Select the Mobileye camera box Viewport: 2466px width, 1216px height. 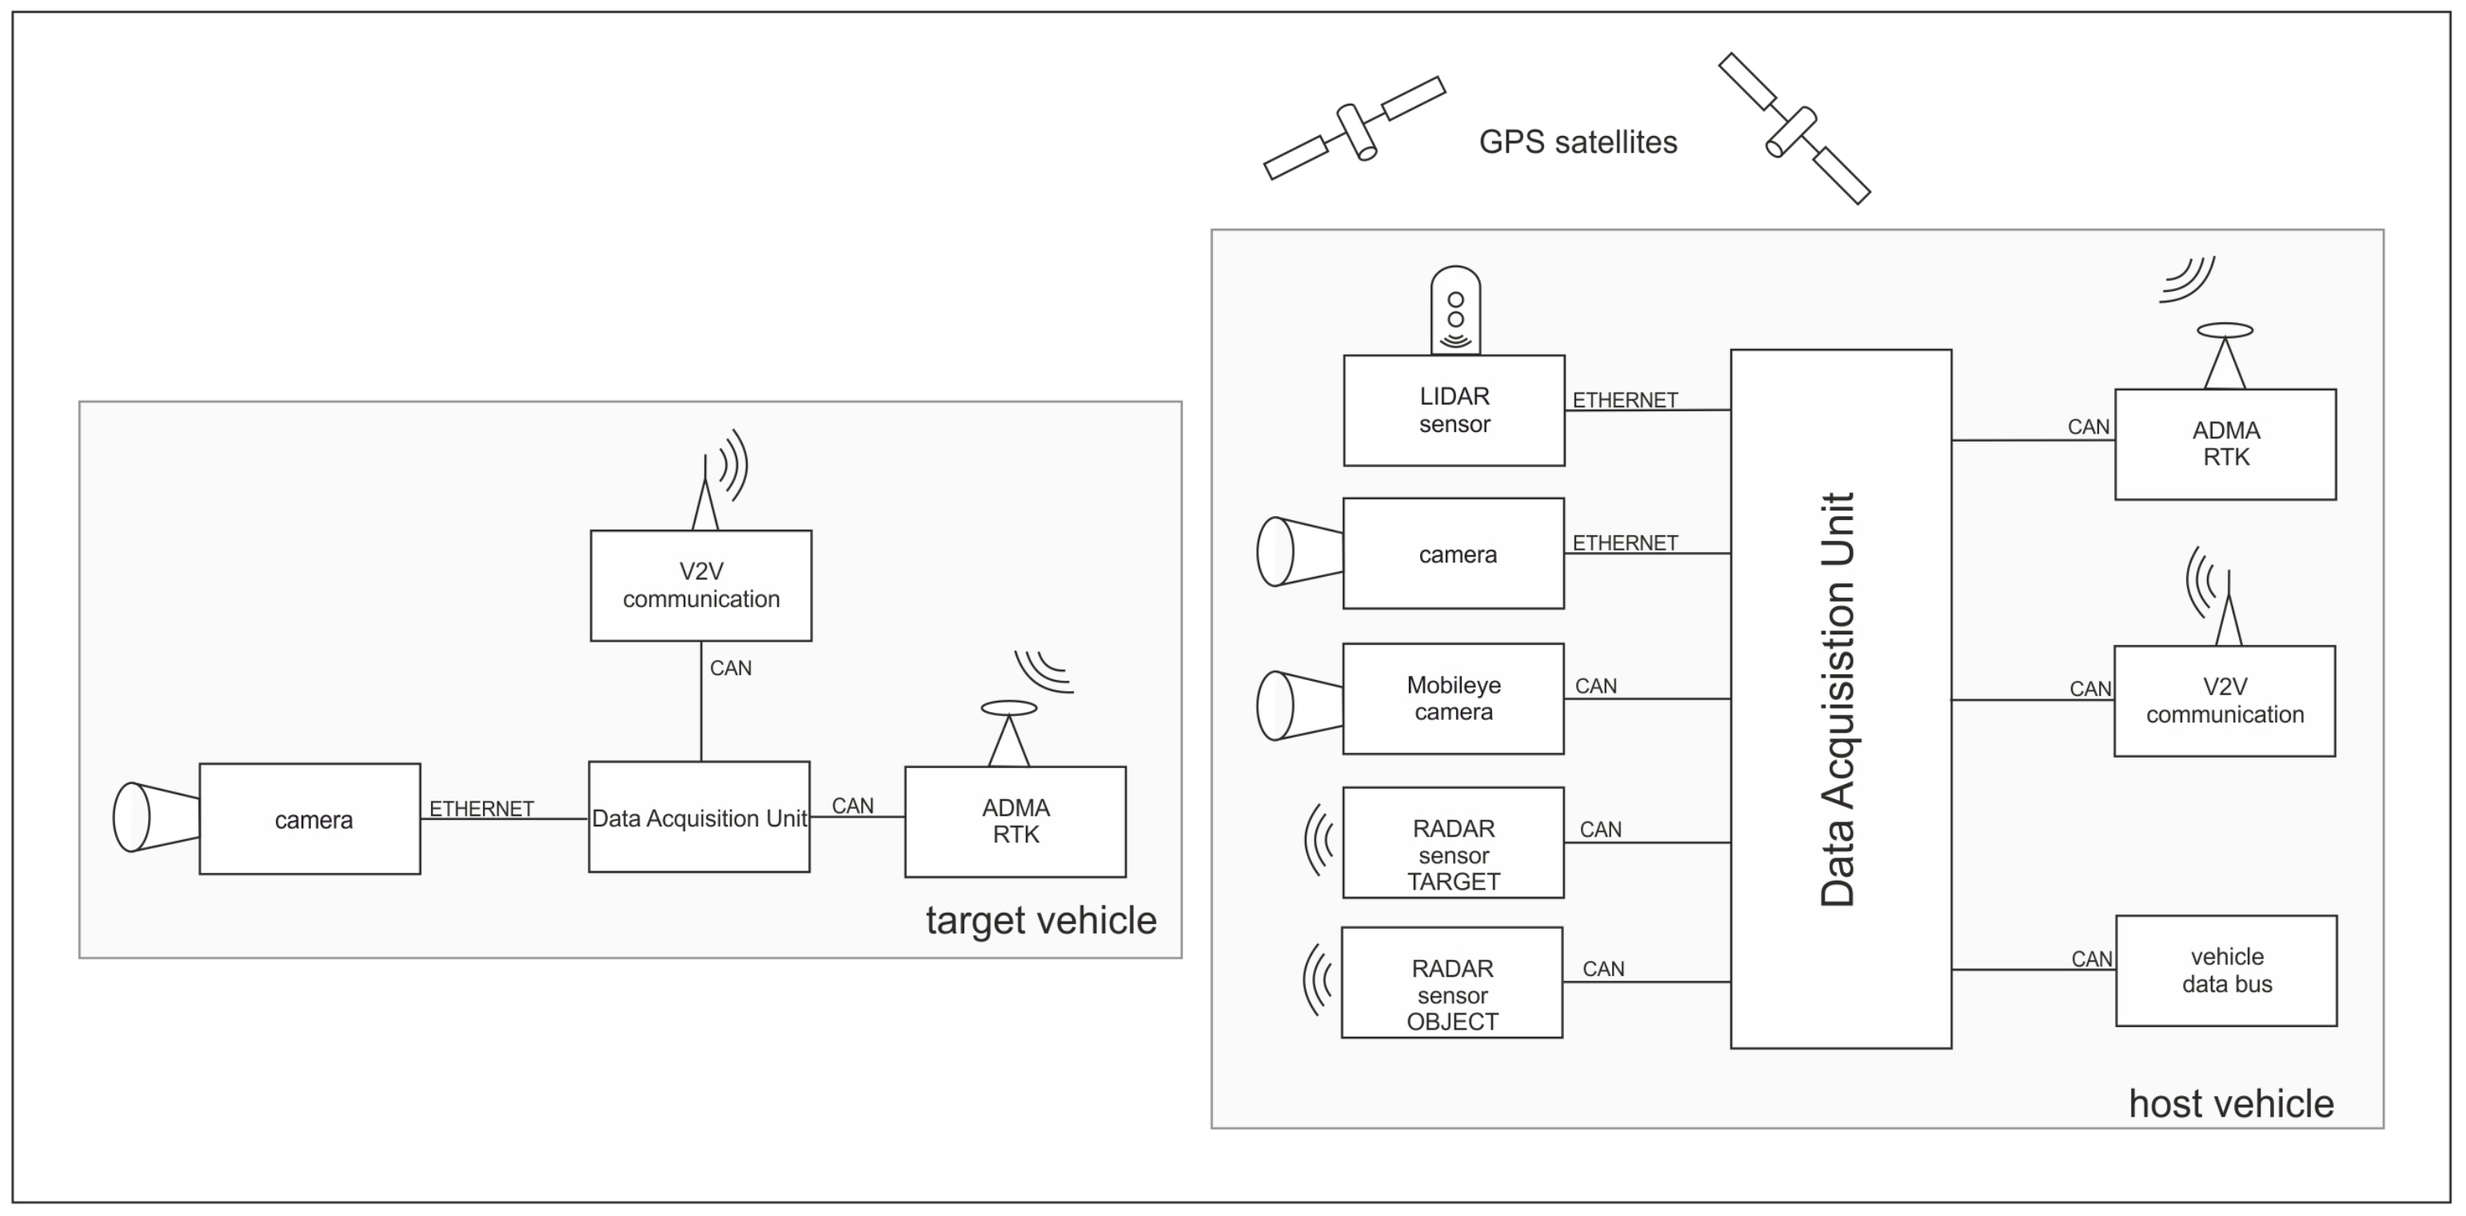tap(1452, 698)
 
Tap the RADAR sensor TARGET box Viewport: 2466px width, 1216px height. tap(1452, 842)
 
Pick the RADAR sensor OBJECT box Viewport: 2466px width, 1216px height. tap(1451, 982)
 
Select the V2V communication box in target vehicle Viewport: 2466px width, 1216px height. tap(700, 585)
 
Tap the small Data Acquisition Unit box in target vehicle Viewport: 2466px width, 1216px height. tap(699, 817)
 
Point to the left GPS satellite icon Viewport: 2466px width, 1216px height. tap(1355, 128)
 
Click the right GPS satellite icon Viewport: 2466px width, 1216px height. tap(1793, 128)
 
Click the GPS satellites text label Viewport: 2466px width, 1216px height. tap(1578, 142)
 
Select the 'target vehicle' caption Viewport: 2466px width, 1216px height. tap(1040, 920)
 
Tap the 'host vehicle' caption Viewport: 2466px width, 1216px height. tap(2230, 1104)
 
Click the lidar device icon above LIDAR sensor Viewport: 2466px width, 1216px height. tap(1455, 310)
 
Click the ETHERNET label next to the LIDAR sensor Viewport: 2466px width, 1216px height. tap(1625, 400)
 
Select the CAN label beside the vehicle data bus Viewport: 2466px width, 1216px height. tap(2091, 958)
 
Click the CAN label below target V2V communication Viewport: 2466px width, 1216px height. tap(730, 668)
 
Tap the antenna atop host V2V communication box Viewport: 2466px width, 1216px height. tap(2228, 613)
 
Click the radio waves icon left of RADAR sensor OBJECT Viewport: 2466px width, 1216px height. tap(1317, 981)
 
